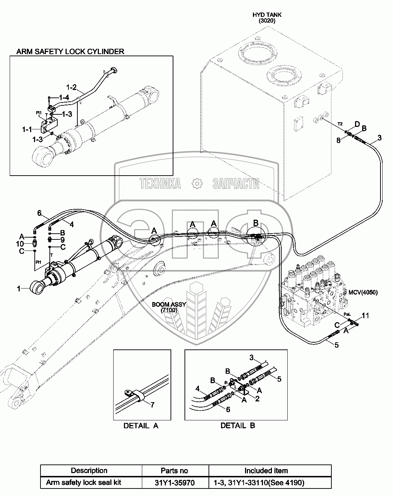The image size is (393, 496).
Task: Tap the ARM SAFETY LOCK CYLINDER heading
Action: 70,51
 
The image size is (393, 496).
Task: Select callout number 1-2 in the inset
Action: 72,87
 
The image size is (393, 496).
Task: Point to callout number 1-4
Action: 64,97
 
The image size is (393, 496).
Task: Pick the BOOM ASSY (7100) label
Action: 169,307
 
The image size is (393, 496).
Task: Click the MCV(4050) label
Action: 363,292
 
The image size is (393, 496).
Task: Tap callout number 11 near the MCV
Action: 365,315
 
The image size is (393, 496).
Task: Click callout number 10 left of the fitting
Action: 20,244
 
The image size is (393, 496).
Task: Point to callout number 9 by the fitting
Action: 62,239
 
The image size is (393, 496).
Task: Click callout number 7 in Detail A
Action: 152,405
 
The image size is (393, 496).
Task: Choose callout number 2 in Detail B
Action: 257,398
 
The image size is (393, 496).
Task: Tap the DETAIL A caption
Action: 141,426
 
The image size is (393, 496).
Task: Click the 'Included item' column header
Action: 266,471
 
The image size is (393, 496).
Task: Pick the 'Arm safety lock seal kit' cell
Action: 83,483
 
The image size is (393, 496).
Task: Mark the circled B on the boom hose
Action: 256,223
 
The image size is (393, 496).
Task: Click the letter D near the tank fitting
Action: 356,124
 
